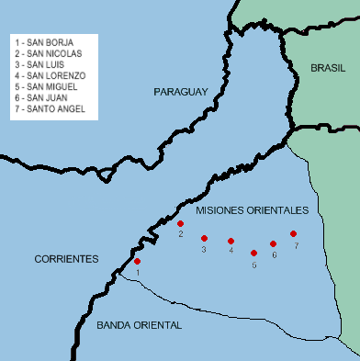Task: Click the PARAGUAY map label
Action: tap(182, 91)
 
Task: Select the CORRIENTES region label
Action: tap(66, 259)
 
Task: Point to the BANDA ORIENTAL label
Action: tap(139, 325)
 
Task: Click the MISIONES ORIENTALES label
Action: tap(252, 210)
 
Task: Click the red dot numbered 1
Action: tap(138, 262)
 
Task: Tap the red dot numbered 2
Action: tap(181, 223)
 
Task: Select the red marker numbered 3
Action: tap(204, 238)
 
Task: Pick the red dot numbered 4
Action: tap(231, 241)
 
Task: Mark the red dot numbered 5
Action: tap(253, 252)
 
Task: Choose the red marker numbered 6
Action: tap(273, 243)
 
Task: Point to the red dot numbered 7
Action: tap(293, 233)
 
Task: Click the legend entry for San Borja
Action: tap(43, 41)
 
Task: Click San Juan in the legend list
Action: tap(42, 97)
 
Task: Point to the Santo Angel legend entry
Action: tap(50, 108)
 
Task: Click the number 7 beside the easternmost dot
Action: tap(297, 246)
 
